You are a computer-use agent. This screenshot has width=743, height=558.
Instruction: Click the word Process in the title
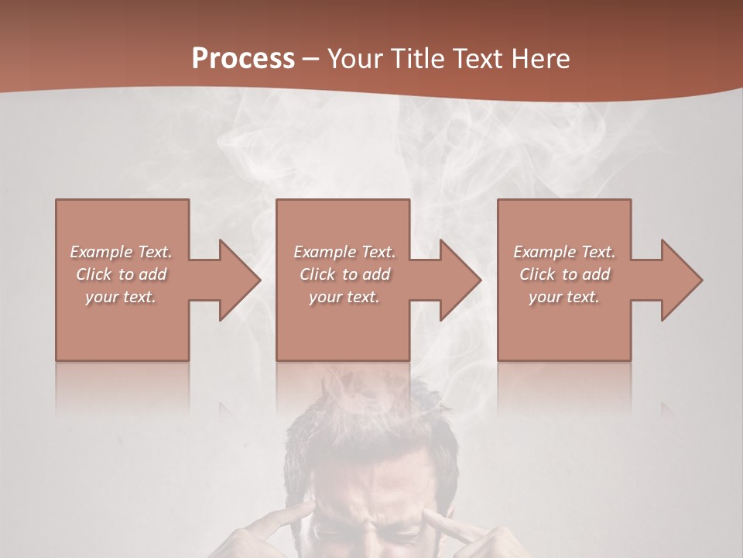243,59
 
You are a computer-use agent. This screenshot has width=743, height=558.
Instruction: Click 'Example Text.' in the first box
121,252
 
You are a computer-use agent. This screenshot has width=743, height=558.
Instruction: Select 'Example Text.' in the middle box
344,252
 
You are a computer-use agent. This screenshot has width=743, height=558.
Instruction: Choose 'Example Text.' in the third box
564,252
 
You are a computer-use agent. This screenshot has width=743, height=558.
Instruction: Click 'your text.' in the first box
121,297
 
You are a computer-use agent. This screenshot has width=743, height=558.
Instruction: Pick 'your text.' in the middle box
344,297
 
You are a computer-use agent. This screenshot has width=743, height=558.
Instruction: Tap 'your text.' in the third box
564,297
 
